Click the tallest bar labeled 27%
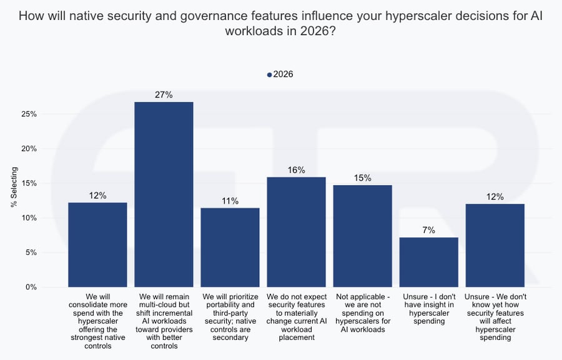tap(164, 194)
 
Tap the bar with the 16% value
tap(296, 232)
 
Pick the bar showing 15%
tap(362, 236)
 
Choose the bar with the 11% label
tap(230, 247)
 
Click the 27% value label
tap(164, 95)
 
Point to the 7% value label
tap(429, 230)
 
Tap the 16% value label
tap(296, 170)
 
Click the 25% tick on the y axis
tap(29, 114)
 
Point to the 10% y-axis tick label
tap(29, 218)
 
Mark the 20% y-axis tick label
tap(29, 149)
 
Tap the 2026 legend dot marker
tap(269, 75)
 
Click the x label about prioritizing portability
tap(230, 316)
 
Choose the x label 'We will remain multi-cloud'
tap(164, 321)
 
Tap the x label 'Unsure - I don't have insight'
tap(429, 307)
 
